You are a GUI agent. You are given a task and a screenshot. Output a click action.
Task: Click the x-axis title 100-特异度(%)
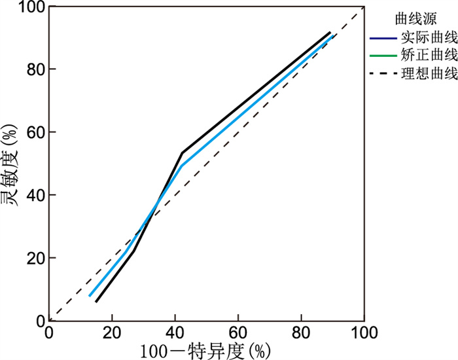click(204, 350)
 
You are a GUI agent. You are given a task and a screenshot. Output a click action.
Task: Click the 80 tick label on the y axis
click(33, 69)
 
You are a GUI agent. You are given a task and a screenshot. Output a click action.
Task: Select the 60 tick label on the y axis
click(33, 132)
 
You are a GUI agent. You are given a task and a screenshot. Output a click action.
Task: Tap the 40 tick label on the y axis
click(33, 195)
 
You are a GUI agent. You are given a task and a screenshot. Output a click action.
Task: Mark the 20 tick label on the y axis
click(33, 258)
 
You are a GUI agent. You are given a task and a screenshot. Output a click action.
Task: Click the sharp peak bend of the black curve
click(182, 153)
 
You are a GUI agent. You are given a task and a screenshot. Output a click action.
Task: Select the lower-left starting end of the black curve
click(96, 302)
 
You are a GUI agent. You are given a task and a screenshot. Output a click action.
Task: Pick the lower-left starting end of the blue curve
click(90, 296)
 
